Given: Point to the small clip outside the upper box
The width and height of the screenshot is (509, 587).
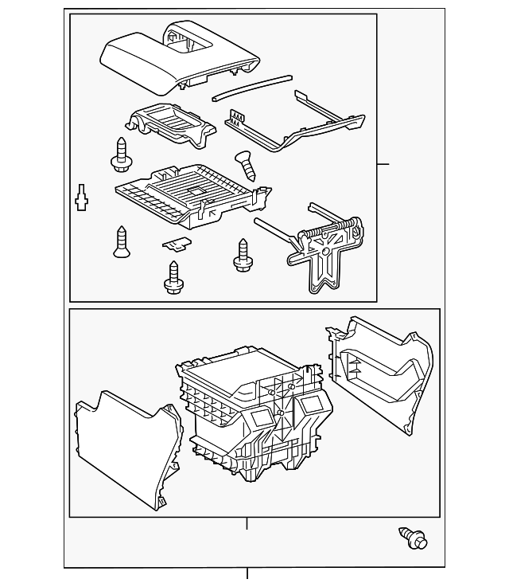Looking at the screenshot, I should click(80, 197).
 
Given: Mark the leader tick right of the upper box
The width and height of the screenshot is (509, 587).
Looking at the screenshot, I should click(383, 164).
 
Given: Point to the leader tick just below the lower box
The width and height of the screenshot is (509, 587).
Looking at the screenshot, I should click(247, 523).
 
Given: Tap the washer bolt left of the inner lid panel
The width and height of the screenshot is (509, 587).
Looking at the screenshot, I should click(121, 155).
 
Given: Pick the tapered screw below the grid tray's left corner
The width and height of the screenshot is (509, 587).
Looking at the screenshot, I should click(122, 242).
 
